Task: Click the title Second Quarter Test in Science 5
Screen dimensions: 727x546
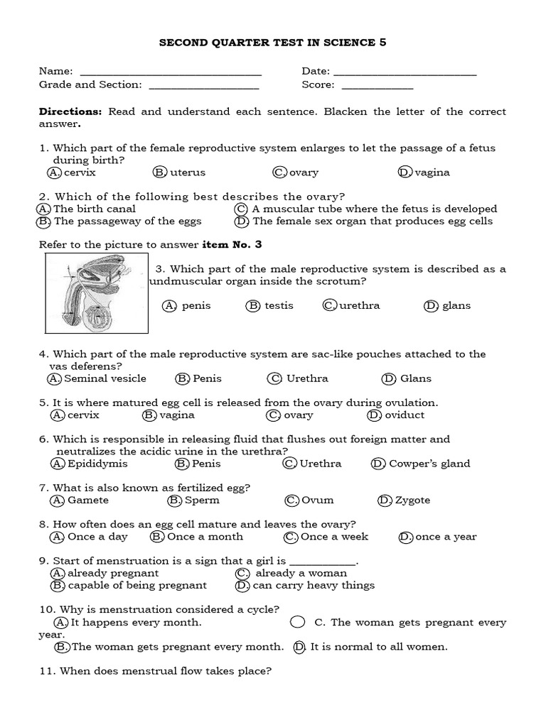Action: (x=272, y=43)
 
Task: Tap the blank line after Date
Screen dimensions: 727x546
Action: (x=405, y=72)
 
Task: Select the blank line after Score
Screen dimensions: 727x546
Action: (x=377, y=86)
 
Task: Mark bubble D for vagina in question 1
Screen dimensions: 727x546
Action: (x=405, y=173)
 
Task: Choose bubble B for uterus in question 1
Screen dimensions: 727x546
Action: (x=159, y=173)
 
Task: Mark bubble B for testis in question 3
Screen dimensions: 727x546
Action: (x=253, y=306)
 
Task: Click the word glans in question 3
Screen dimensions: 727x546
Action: (x=456, y=306)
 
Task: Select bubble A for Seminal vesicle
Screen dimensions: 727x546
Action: (x=55, y=378)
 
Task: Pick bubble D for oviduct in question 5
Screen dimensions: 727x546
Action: (x=374, y=415)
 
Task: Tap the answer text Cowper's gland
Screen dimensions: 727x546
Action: (x=429, y=464)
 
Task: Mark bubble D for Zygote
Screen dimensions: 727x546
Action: (x=385, y=501)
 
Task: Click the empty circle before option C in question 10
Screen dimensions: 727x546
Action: (x=299, y=623)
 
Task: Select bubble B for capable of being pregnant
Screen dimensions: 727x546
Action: (x=58, y=586)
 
